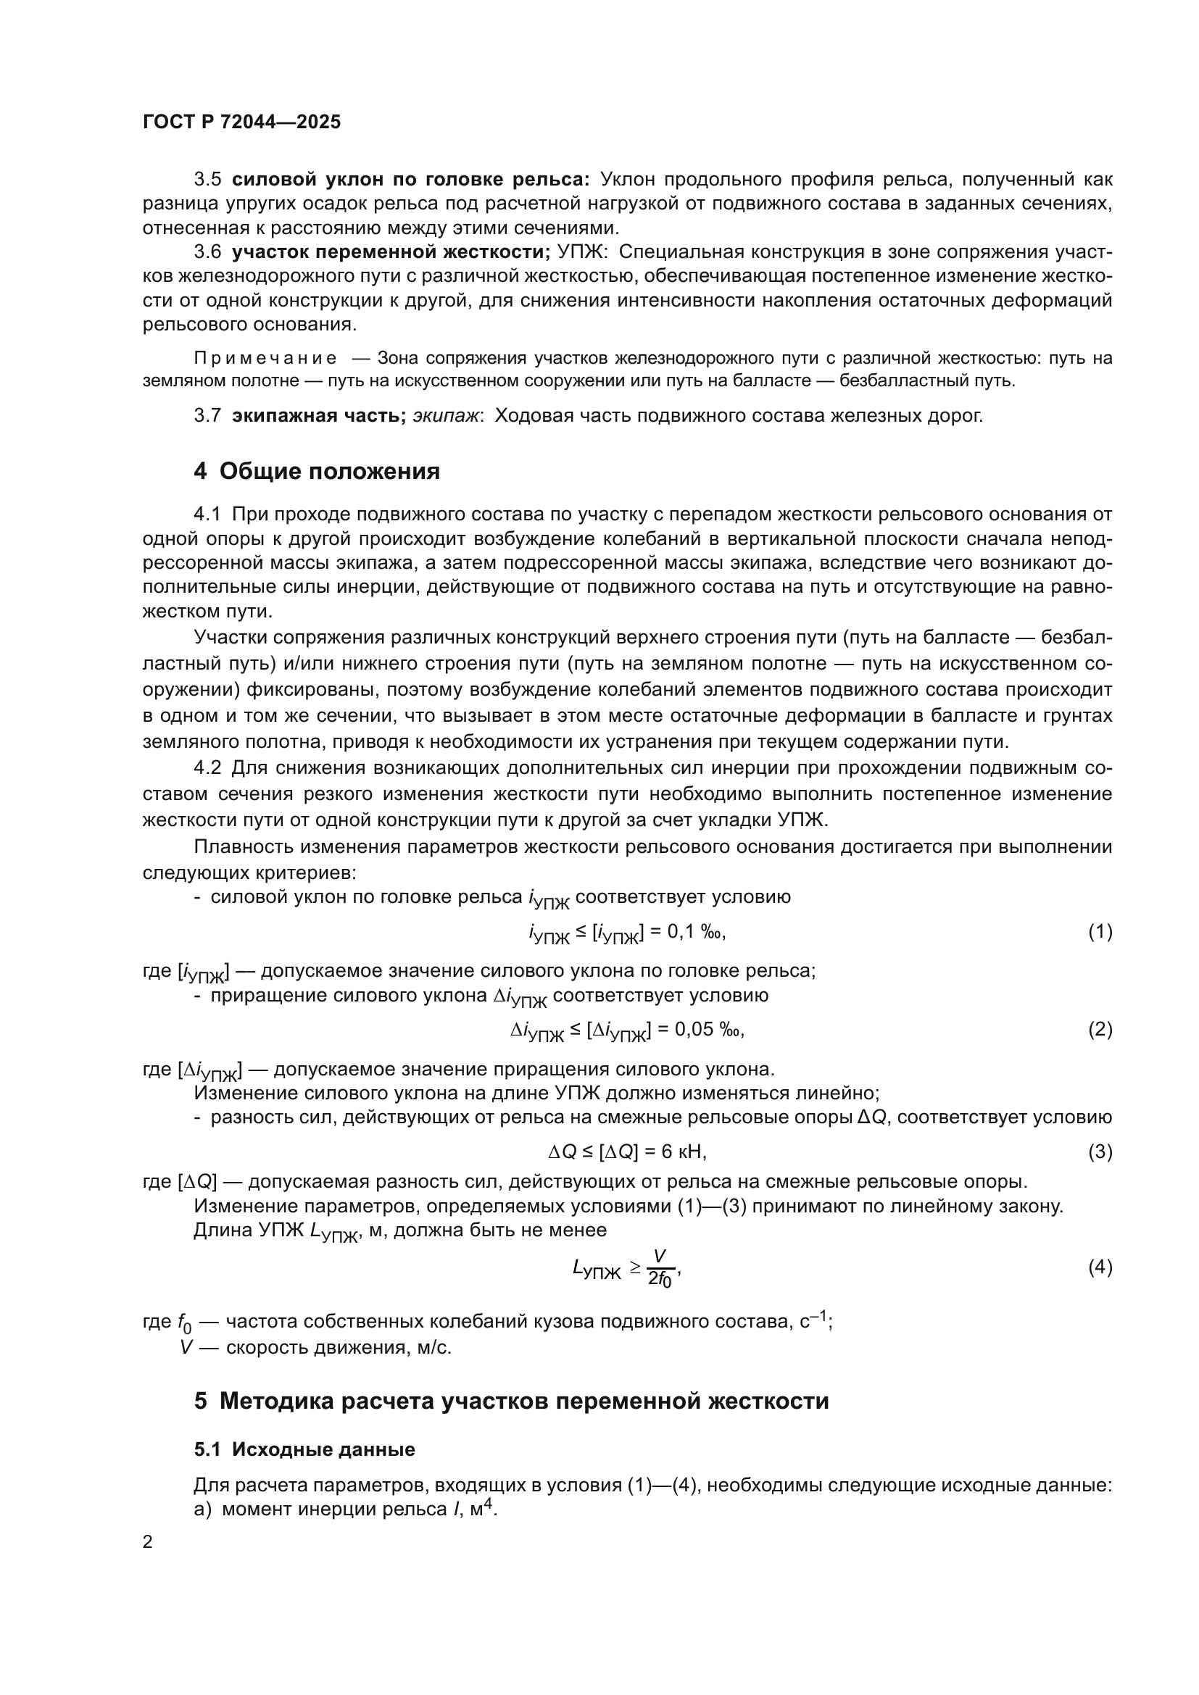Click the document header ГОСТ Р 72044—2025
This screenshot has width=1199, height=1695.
(241, 122)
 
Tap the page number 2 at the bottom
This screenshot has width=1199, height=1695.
(148, 1542)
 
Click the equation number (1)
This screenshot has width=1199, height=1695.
(1100, 932)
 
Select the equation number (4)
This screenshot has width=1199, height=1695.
(1100, 1267)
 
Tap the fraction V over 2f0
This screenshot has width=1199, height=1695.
(659, 1268)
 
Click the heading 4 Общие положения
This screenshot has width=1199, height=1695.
(317, 471)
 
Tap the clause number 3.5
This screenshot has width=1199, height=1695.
(207, 180)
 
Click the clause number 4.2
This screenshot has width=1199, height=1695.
(207, 767)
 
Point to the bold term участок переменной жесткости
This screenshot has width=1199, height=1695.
(391, 252)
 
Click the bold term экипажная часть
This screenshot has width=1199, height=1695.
(318, 416)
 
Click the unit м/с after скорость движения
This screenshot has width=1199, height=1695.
(433, 1348)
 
